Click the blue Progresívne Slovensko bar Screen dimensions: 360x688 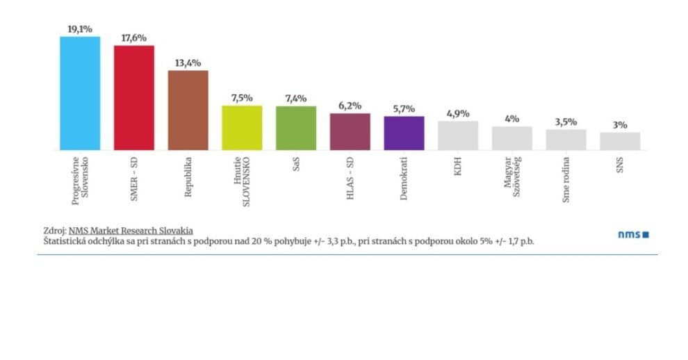click(x=80, y=93)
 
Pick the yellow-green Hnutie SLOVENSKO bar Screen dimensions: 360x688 click(x=242, y=128)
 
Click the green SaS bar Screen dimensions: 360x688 click(x=296, y=128)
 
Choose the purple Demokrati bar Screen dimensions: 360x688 click(x=404, y=133)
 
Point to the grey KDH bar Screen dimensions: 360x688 click(x=458, y=136)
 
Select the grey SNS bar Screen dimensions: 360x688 click(x=620, y=141)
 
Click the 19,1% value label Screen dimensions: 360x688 click(x=80, y=29)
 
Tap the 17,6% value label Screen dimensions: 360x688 click(x=133, y=38)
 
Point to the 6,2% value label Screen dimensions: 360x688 click(x=350, y=106)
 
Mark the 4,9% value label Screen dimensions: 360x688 click(x=458, y=114)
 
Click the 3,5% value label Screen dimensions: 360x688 click(x=566, y=122)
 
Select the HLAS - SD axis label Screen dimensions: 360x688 click(x=350, y=180)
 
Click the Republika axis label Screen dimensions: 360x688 click(x=188, y=178)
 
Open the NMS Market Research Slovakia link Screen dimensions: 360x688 click(x=131, y=230)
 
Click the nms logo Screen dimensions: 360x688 click(x=632, y=234)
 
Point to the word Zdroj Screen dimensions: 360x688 click(x=53, y=230)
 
